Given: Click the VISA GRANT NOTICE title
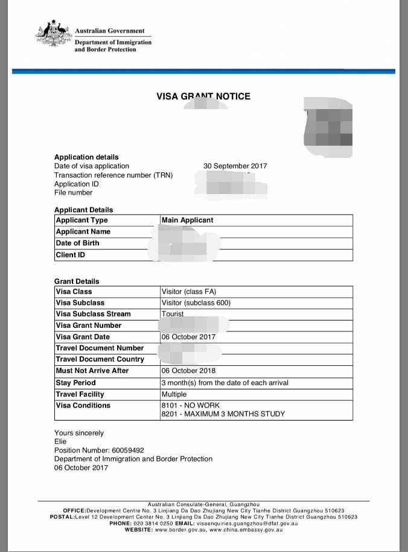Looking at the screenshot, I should [203, 96].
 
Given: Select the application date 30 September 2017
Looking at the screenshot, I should [235, 166].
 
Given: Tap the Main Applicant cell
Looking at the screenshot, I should [188, 220].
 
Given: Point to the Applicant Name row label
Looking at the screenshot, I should [83, 231].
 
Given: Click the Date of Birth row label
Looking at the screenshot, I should [78, 243].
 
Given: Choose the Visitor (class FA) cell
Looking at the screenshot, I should [189, 292].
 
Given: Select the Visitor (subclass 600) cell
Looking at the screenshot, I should [196, 303].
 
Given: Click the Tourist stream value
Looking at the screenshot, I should [173, 314].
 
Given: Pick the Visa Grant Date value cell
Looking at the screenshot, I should [188, 337].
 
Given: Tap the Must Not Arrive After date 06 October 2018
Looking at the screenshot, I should [188, 371].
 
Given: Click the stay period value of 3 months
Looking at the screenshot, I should [225, 383].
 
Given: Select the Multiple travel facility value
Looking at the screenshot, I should [174, 394].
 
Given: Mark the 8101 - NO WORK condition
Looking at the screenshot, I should [191, 406].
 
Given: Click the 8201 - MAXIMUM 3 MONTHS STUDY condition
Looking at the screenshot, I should [223, 414].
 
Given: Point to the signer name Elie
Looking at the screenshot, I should [60, 441].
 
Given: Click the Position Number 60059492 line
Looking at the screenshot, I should [99, 450].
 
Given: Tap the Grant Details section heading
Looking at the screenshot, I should [77, 281].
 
